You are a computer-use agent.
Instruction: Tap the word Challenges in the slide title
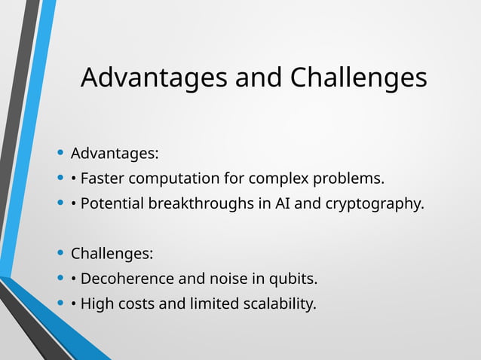358,78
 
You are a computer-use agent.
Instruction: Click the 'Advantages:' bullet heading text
115,154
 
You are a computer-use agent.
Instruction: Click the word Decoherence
126,279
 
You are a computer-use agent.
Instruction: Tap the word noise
225,279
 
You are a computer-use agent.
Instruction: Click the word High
97,304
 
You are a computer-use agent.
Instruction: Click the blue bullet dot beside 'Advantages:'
60,154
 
